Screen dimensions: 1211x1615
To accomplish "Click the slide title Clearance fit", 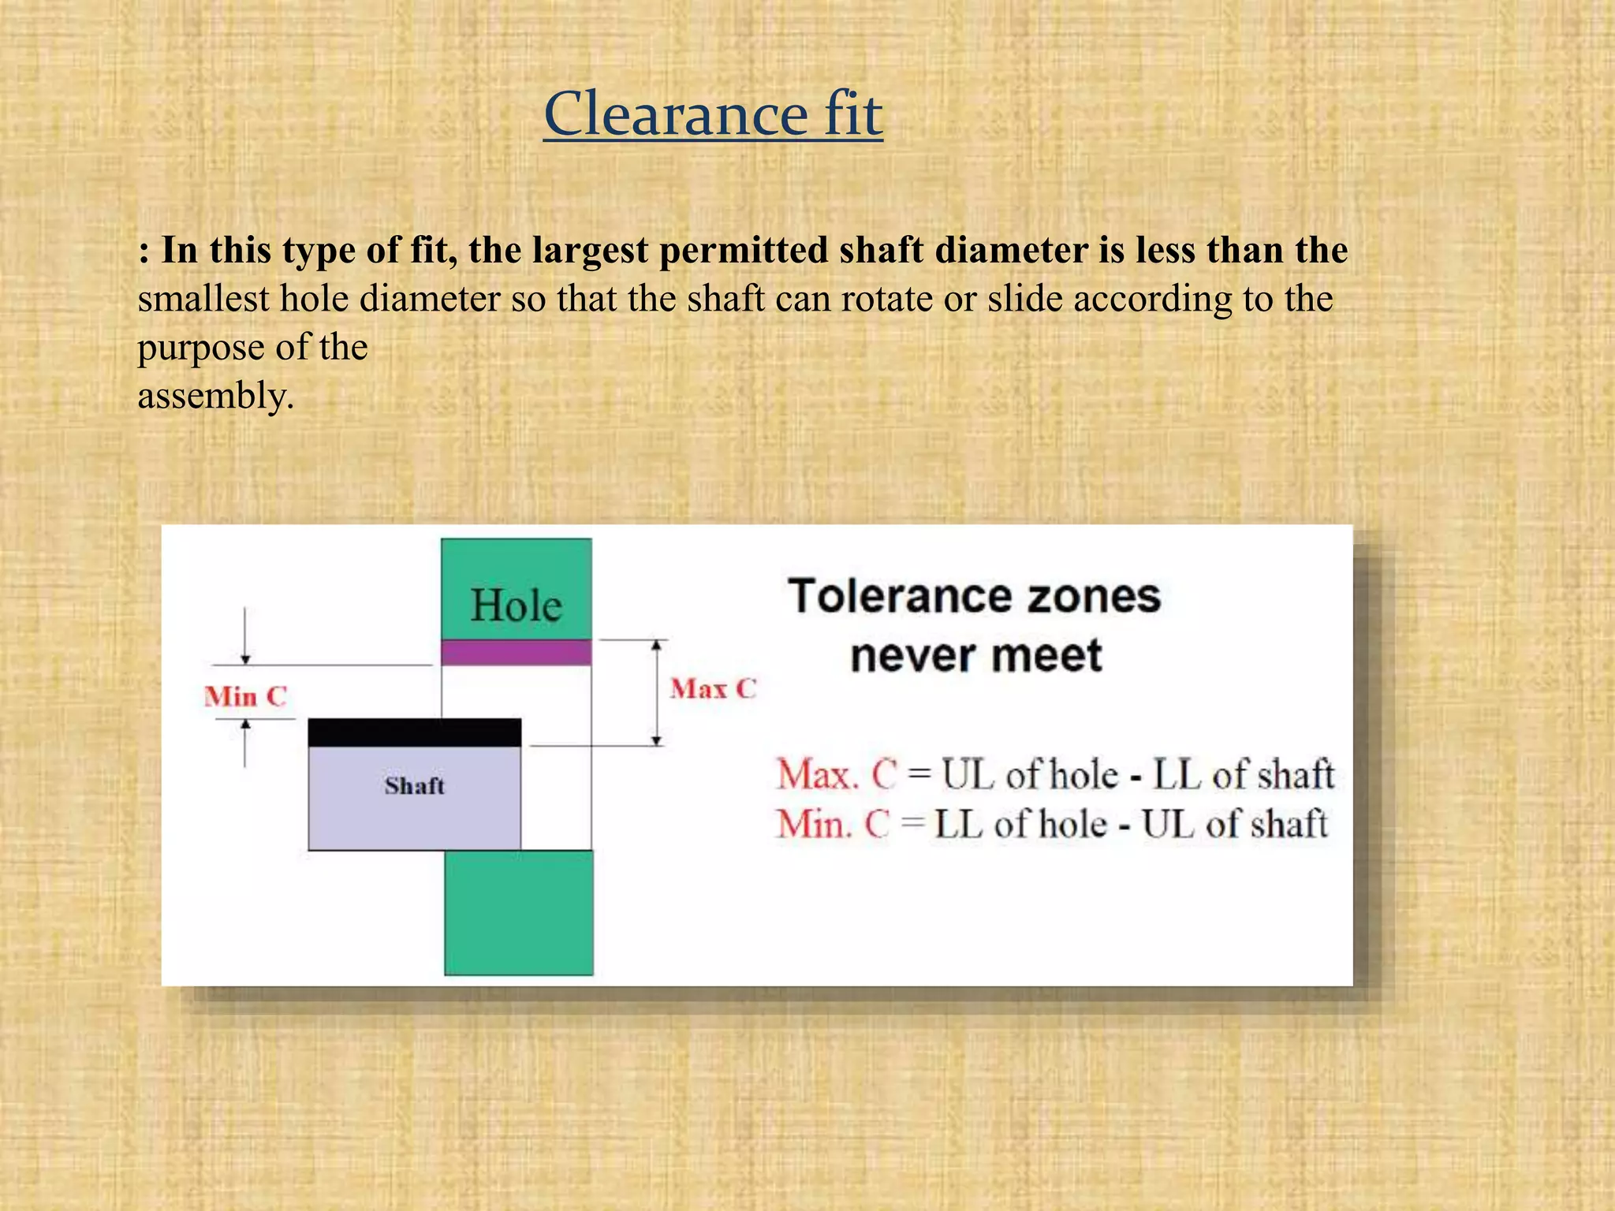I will coord(713,114).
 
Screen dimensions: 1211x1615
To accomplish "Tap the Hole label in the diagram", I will coord(516,605).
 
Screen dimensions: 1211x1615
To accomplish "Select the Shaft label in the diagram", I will coord(415,785).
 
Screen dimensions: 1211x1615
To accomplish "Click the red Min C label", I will coord(245,697).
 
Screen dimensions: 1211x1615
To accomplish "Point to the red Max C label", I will coord(713,689).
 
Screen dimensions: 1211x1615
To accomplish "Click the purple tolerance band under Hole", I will coord(516,653).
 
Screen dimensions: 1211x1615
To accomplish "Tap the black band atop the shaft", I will coord(414,732).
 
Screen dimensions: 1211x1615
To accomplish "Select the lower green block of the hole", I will coord(518,912).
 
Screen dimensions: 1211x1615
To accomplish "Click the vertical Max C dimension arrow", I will coord(656,692).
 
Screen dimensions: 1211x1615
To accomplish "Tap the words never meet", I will coord(975,656).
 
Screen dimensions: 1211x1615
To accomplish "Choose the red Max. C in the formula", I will coord(837,774).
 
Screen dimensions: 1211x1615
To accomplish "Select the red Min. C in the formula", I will coord(833,825).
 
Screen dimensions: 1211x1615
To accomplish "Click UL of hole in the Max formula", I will coord(1030,774).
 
